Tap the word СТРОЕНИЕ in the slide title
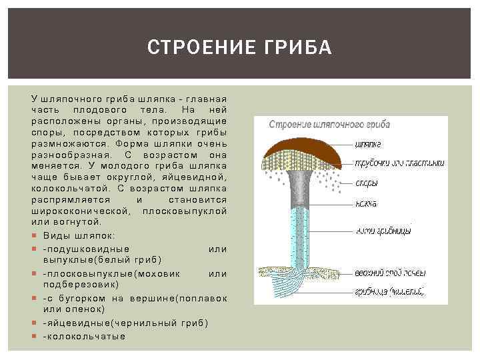201,48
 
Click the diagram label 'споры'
367,183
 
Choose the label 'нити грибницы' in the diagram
383,231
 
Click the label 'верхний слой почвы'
390,273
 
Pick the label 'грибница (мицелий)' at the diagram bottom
389,291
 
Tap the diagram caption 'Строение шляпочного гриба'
329,124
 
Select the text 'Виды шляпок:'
79,235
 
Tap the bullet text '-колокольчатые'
84,336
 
